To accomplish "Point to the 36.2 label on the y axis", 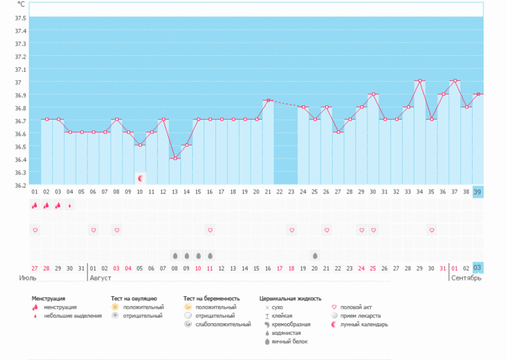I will (x=20, y=185).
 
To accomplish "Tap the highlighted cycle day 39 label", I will (x=477, y=192).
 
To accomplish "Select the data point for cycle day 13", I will (x=174, y=158).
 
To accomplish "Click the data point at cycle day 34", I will (x=419, y=81).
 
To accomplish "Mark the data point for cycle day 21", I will (x=267, y=100).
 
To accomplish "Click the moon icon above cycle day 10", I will (x=140, y=178).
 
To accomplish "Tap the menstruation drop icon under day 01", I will (x=34, y=205).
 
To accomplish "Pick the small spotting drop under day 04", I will (x=70, y=205).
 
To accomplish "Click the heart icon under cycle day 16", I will (x=209, y=230).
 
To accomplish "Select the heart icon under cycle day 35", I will (x=431, y=230).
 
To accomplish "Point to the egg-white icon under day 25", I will (x=315, y=255).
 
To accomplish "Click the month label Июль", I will (x=28, y=278).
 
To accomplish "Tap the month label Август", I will (x=100, y=278).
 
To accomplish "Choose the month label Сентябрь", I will (x=466, y=278).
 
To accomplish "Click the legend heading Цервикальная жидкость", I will (x=290, y=299).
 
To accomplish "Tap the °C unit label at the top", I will (x=21, y=4).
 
